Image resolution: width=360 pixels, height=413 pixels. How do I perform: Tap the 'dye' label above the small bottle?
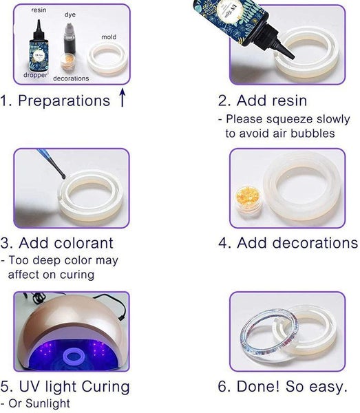coord(70,14)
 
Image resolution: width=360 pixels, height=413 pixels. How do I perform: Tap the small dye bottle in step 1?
coord(70,38)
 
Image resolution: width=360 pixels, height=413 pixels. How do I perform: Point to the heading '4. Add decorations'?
coord(288,243)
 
